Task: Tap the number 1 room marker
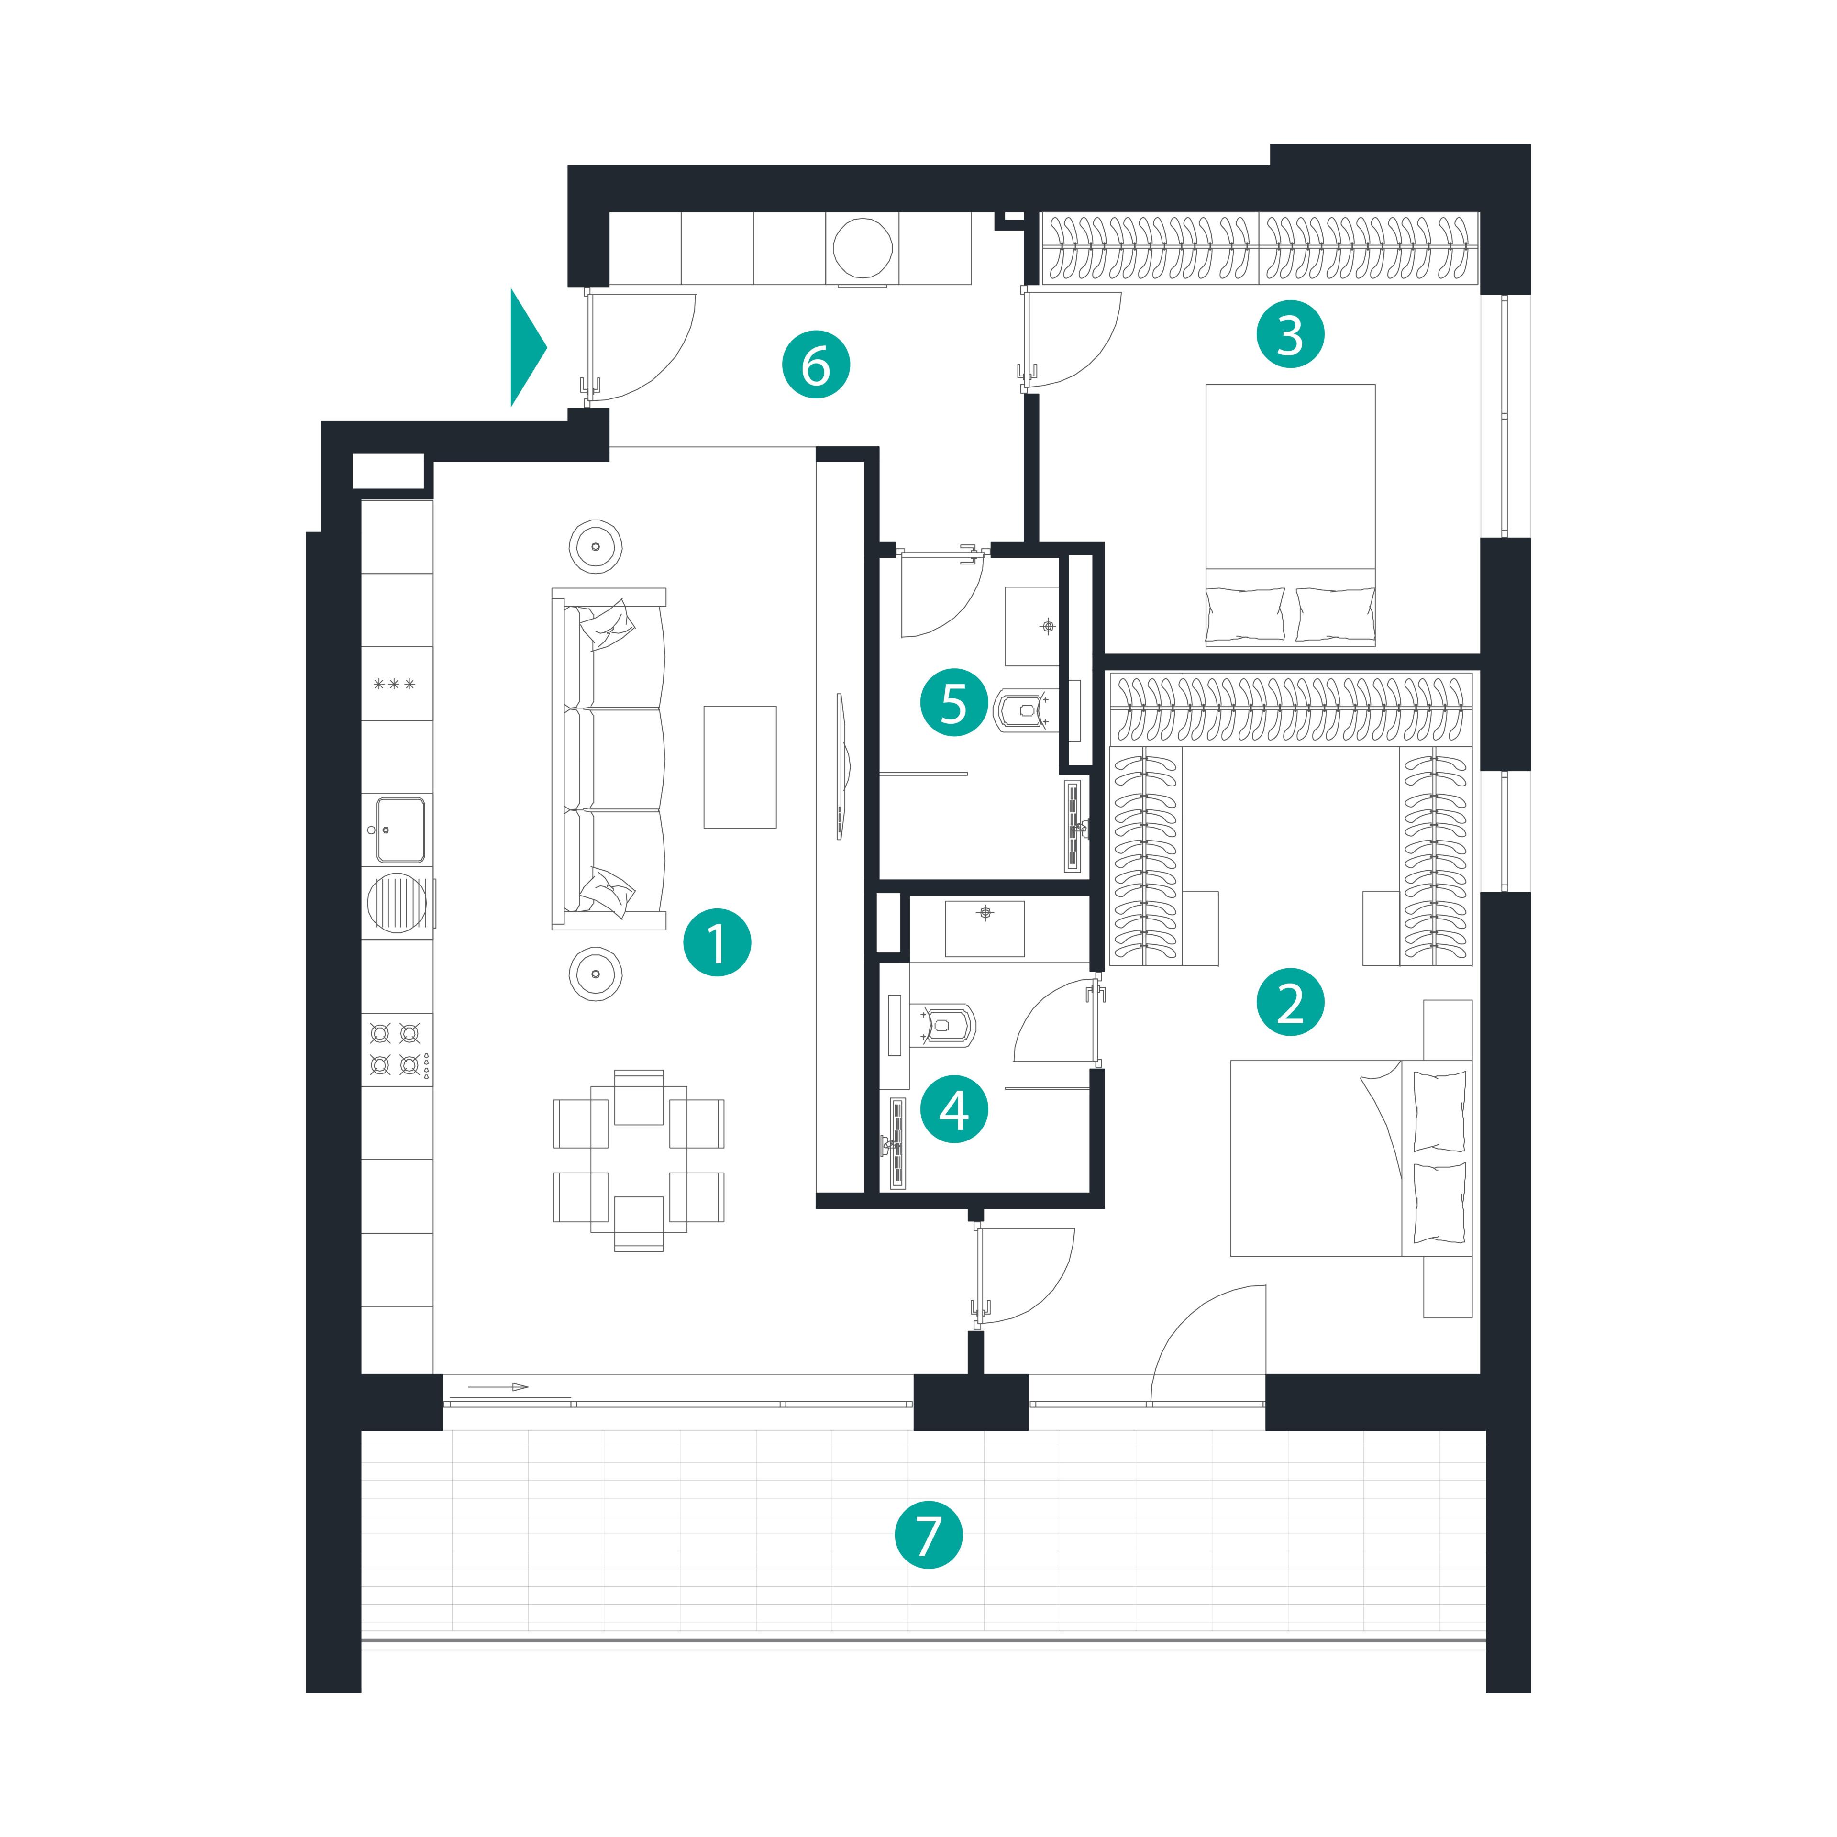(x=717, y=943)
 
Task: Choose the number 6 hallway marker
(x=816, y=364)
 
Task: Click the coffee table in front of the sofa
(x=740, y=766)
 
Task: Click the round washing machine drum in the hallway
(x=863, y=247)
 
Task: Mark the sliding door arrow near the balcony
(x=498, y=1387)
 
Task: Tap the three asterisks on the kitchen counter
(x=395, y=684)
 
